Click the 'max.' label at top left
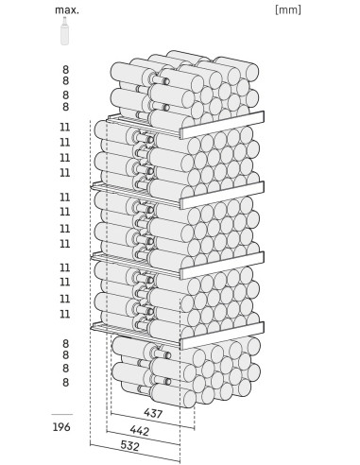coord(67,10)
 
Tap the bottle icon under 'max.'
coord(65,31)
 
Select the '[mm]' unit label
coord(288,9)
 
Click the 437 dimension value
coord(153,413)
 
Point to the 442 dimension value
coord(139,430)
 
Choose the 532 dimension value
coord(129,446)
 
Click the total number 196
coord(61,427)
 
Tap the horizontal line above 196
coord(62,414)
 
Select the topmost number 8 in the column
coord(65,69)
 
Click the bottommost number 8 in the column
coord(65,382)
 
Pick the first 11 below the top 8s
coord(65,128)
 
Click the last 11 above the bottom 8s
coord(65,314)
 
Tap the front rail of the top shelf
coord(222,125)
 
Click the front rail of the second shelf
coord(222,196)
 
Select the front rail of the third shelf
coord(222,266)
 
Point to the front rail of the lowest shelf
coord(222,336)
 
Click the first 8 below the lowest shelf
coord(65,343)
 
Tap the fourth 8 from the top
coord(65,107)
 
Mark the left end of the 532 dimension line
coord(90,444)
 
